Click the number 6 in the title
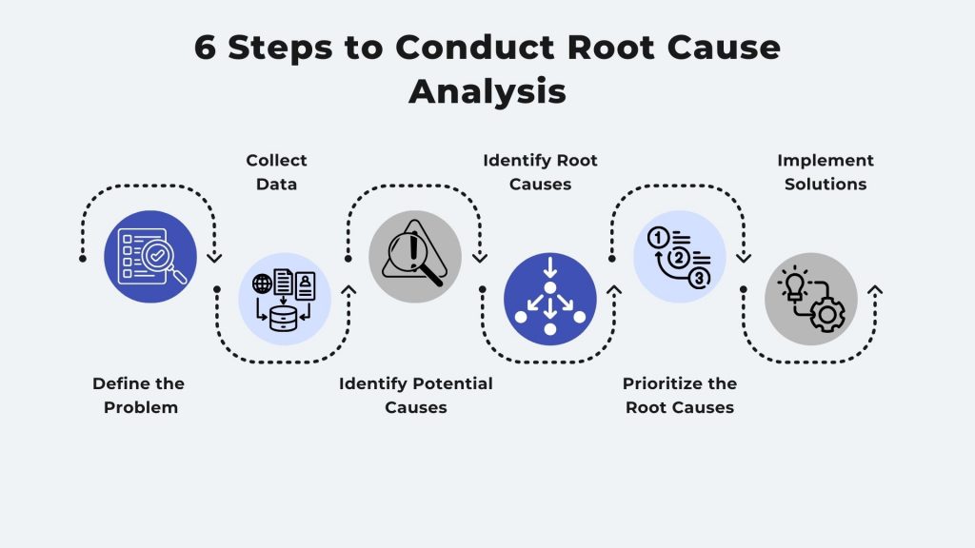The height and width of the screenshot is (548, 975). tap(207, 49)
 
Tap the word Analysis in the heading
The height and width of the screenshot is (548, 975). tap(487, 91)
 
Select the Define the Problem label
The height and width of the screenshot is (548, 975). tap(138, 395)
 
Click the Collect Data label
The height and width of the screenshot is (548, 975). tap(276, 172)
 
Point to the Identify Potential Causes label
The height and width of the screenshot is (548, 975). tap(416, 395)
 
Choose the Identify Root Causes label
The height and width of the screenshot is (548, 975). tap(540, 172)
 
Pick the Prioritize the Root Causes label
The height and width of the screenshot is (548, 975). tap(680, 395)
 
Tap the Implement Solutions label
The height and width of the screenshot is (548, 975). tap(825, 172)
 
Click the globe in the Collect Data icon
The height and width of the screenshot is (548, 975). tap(261, 283)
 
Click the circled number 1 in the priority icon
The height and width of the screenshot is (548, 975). tap(659, 238)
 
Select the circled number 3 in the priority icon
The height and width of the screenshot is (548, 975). tap(698, 278)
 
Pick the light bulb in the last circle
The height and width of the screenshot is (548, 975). tap(793, 284)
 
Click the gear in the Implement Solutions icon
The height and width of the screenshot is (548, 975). tap(826, 313)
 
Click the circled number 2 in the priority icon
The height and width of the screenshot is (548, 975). tap(679, 258)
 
